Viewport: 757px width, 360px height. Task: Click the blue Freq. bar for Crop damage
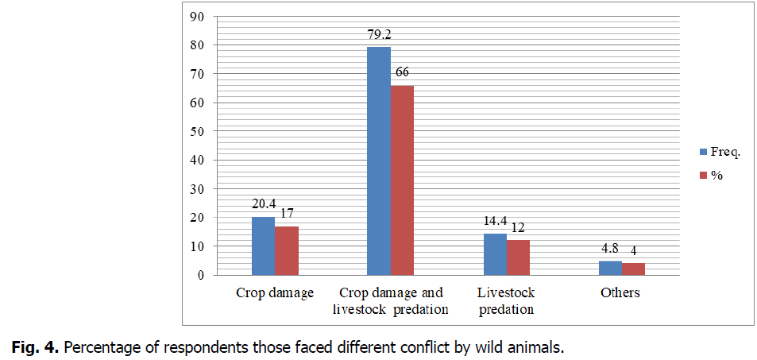coord(263,246)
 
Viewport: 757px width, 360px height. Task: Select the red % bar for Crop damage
coord(287,250)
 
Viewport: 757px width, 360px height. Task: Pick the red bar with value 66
coord(402,180)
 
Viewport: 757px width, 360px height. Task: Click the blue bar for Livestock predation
coord(494,254)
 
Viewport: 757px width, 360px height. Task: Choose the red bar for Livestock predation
coord(518,257)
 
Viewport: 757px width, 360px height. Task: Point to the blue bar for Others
coord(609,268)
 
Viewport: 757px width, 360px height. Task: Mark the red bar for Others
coord(633,269)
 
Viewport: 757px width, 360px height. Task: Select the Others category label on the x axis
coord(620,293)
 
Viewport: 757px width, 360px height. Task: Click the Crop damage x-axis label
coord(275,293)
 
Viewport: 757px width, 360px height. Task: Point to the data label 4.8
coord(610,250)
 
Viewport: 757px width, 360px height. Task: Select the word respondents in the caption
coord(190,347)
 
